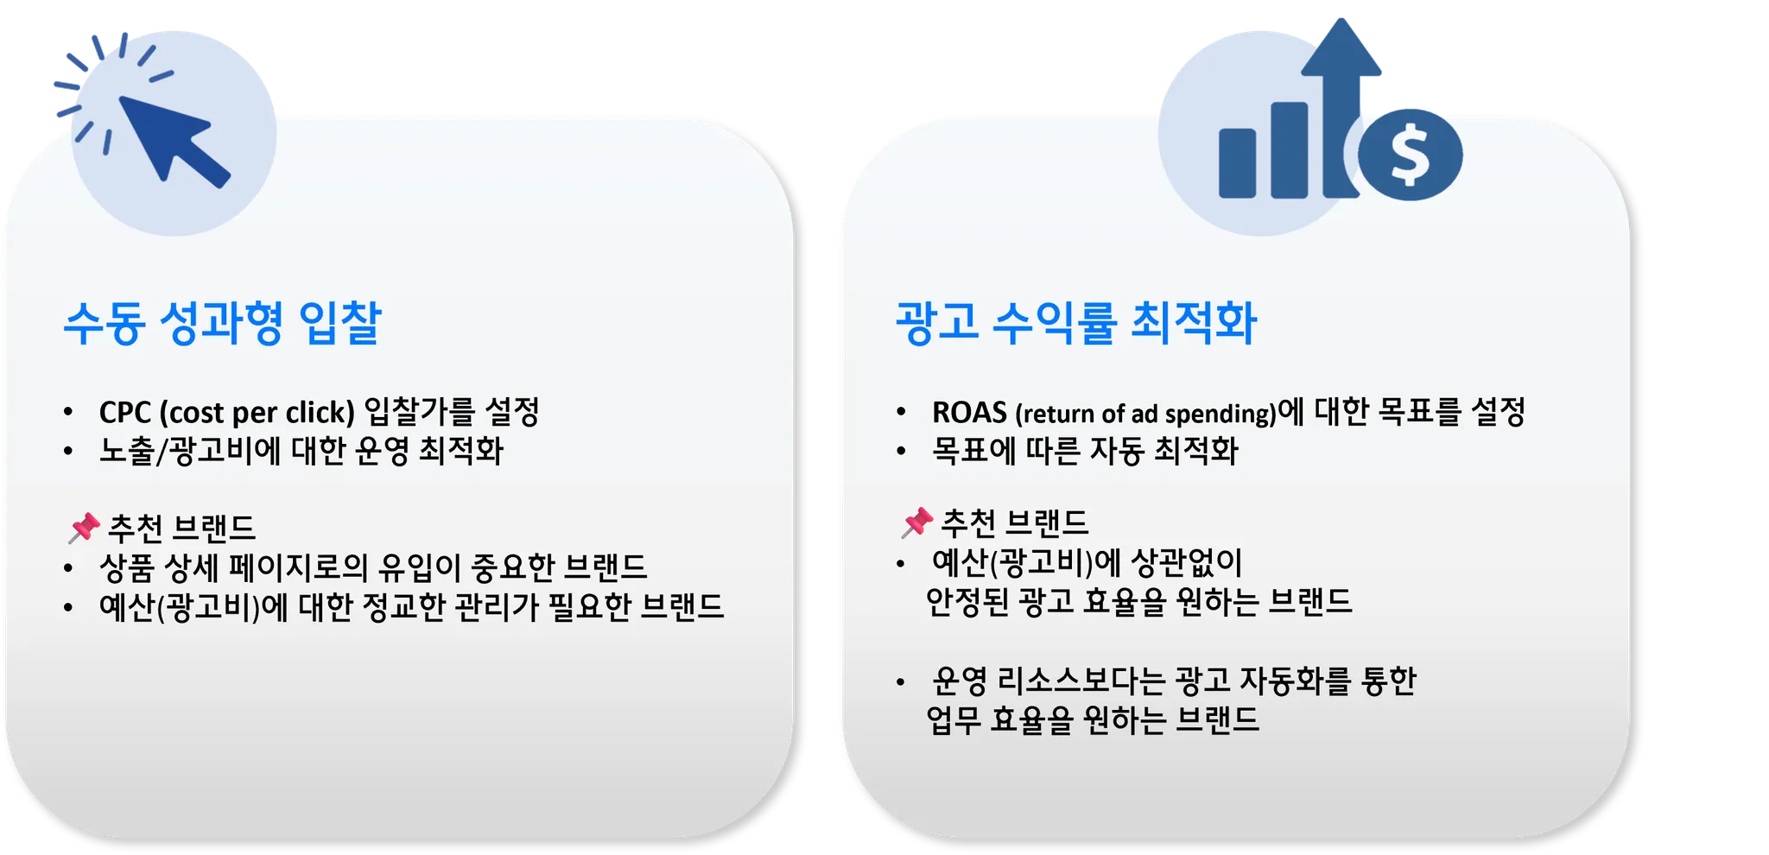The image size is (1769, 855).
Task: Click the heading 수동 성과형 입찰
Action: click(223, 323)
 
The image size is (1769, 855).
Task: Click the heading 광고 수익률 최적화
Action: click(1076, 323)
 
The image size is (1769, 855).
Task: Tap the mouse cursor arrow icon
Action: click(173, 140)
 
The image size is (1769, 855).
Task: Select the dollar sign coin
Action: click(1410, 155)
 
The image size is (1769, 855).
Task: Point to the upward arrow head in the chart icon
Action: click(1341, 47)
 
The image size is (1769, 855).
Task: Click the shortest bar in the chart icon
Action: click(1237, 163)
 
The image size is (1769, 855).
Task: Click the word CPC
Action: click(125, 413)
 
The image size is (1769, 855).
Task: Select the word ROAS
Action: click(969, 413)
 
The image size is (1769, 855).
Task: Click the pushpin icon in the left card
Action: click(84, 528)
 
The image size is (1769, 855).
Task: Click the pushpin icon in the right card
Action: click(916, 522)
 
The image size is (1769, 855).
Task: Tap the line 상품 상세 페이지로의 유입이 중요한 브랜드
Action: click(374, 568)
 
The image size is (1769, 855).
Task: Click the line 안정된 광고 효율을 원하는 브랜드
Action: click(1139, 602)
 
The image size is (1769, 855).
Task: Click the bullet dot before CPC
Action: click(68, 413)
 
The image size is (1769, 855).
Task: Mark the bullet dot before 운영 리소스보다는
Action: click(901, 682)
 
